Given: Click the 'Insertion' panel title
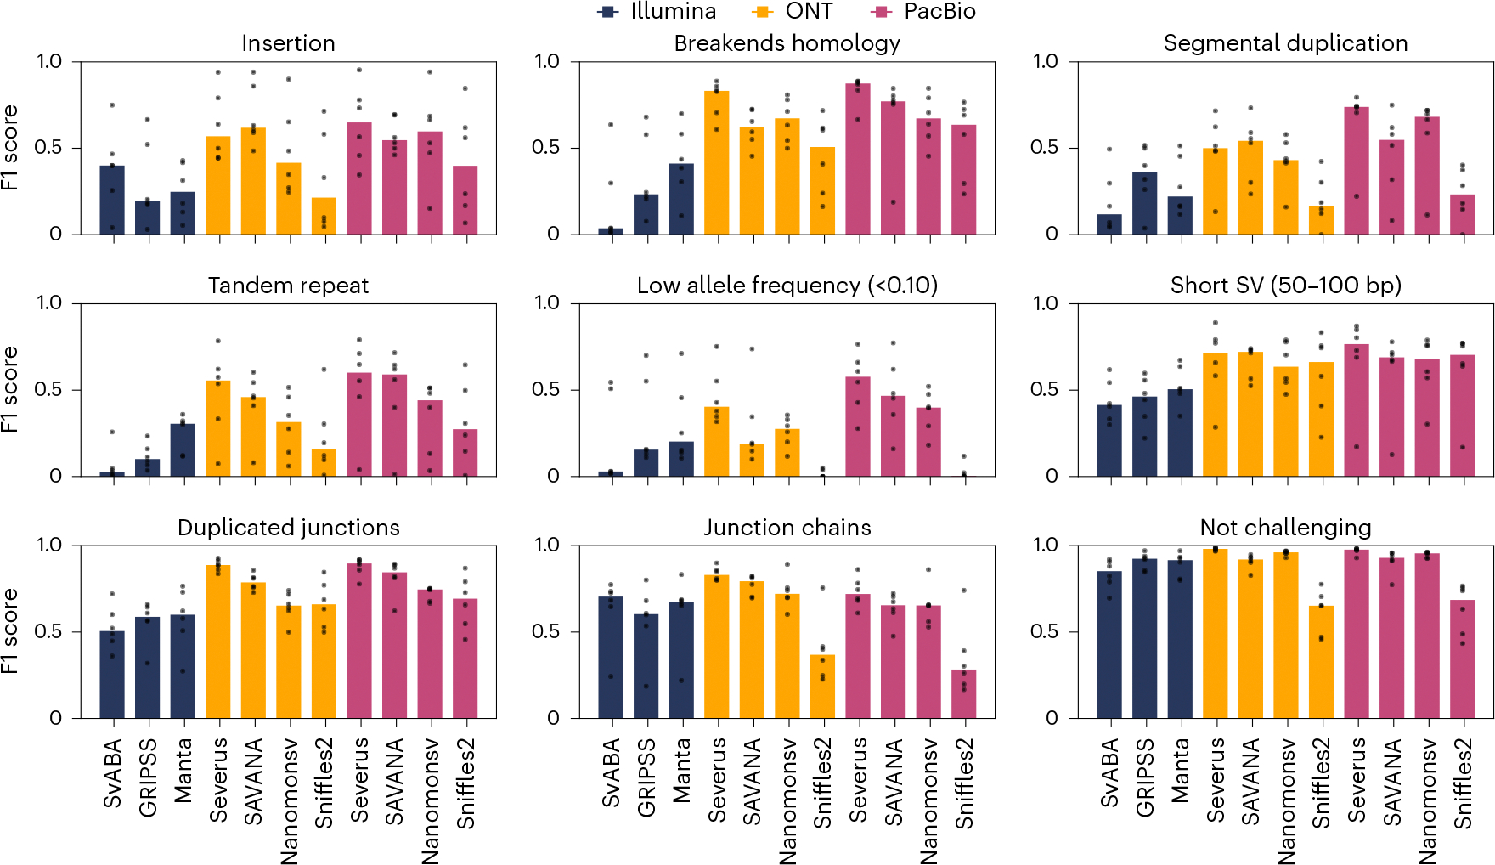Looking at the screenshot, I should click(x=288, y=43).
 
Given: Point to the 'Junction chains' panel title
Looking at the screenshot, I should click(x=787, y=528).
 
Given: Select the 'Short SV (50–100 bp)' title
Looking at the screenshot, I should click(x=1285, y=286).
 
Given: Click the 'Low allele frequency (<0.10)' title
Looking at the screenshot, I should click(x=787, y=286).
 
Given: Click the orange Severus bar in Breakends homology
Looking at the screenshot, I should click(x=716, y=162).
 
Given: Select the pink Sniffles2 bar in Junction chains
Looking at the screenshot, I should click(x=963, y=693).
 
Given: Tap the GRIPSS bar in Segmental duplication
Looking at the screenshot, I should click(x=1144, y=203).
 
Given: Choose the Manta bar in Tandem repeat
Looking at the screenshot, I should click(x=183, y=449).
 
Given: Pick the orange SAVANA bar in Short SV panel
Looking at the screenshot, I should click(x=1250, y=414).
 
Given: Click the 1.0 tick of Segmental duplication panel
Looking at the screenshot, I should click(x=1046, y=61).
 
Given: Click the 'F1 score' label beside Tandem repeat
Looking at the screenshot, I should click(x=10, y=389).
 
